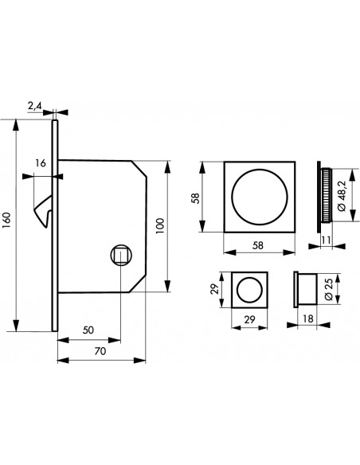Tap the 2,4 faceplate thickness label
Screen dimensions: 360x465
[35, 106]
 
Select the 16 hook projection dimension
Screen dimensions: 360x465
[41, 163]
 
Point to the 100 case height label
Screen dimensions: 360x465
[160, 226]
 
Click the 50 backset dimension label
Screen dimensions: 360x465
[88, 330]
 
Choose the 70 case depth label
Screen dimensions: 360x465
[100, 351]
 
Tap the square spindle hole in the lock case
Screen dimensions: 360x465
[121, 255]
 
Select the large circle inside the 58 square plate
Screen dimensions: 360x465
[260, 170]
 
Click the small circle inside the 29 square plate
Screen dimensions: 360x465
[249, 278]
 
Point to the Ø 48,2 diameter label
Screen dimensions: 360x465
[342, 195]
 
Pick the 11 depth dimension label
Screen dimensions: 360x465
[327, 240]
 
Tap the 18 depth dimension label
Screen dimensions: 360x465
[308, 318]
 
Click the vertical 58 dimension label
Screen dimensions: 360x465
[195, 197]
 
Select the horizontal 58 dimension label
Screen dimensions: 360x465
[258, 245]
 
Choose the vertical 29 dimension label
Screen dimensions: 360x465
[214, 288]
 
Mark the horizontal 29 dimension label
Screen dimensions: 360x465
[249, 319]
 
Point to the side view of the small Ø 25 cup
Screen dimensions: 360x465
[305, 290]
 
